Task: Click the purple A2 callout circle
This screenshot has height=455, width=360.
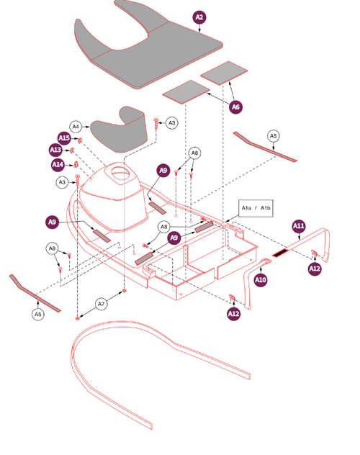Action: pos(199,17)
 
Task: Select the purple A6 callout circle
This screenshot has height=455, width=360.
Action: pos(235,107)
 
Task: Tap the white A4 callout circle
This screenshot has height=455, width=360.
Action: pos(76,125)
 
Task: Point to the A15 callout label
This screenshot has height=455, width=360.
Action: pos(64,138)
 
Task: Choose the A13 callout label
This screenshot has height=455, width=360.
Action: pos(55,150)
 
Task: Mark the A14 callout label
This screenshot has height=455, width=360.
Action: pos(58,165)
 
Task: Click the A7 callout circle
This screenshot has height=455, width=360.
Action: pos(102,305)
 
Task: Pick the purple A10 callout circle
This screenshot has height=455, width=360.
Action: pos(261,279)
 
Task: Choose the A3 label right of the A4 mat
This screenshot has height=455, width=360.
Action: pos(171,123)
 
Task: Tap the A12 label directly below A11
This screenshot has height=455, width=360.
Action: pos(315,269)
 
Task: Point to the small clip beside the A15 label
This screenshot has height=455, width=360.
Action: pos(81,140)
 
